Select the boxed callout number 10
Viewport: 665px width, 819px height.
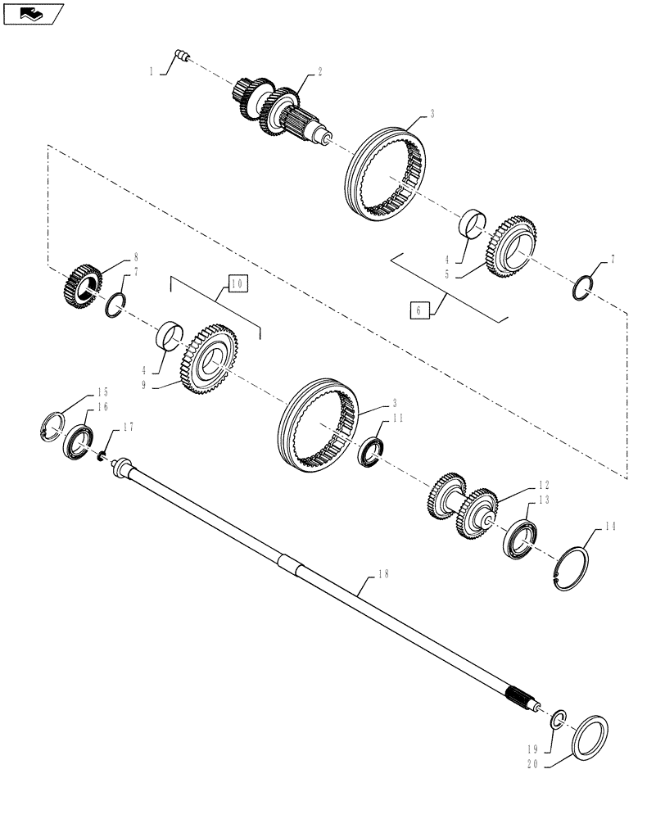point(237,284)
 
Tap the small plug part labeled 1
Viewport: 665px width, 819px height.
point(183,56)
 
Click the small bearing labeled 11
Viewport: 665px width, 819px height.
point(372,451)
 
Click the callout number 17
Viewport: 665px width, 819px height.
point(127,427)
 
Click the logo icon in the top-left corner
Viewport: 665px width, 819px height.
point(32,12)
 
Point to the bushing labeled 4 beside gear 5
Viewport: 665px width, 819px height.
point(473,222)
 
